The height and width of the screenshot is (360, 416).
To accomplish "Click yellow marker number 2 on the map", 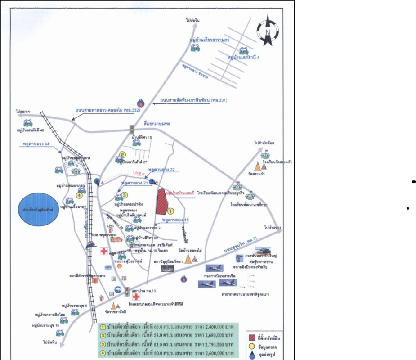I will pos(122,155).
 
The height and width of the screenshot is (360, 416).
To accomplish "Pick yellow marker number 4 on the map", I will pos(79,195).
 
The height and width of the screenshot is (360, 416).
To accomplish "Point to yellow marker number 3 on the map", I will pos(125,195).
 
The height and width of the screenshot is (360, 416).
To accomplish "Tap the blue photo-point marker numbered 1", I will pos(97,181).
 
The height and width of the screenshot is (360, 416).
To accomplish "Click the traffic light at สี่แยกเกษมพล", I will pos(132,130).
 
